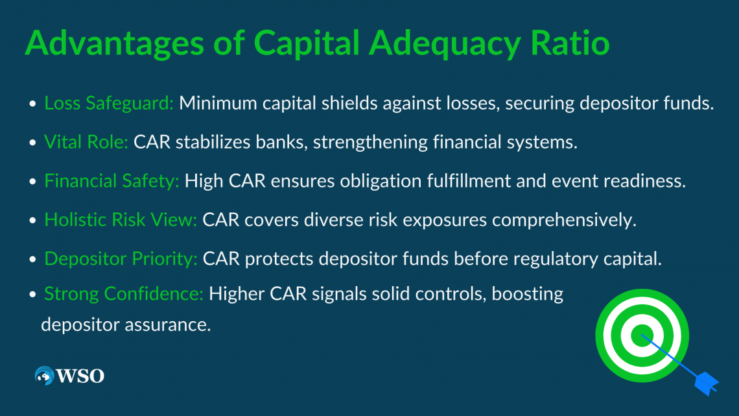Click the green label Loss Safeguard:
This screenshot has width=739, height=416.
tap(109, 104)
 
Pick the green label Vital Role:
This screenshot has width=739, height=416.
tap(86, 143)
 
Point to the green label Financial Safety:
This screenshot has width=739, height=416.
tap(111, 182)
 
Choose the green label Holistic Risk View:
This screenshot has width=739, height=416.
tap(121, 220)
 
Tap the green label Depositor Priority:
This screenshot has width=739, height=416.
tap(121, 259)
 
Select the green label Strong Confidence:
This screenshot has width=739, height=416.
tap(124, 295)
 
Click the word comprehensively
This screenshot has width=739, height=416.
tap(562, 220)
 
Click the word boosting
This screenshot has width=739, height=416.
tap(527, 295)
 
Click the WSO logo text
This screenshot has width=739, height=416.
tap(80, 376)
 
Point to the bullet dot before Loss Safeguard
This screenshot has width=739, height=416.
tap(32, 104)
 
